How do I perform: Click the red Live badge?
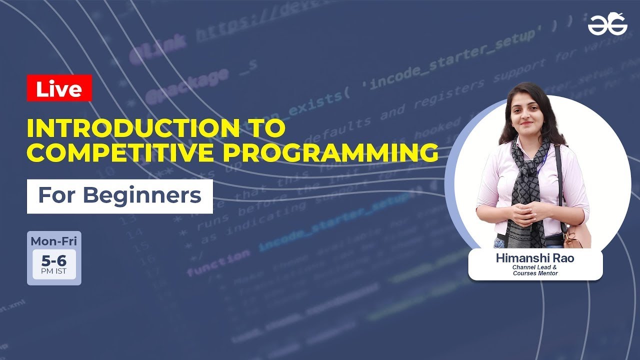(x=59, y=88)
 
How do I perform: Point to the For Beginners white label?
(x=120, y=196)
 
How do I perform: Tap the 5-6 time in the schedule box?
(x=54, y=260)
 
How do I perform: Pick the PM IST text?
(x=54, y=272)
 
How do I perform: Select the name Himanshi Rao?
(x=535, y=258)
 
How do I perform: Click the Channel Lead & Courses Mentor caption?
(x=535, y=270)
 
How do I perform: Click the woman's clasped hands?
(x=525, y=212)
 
